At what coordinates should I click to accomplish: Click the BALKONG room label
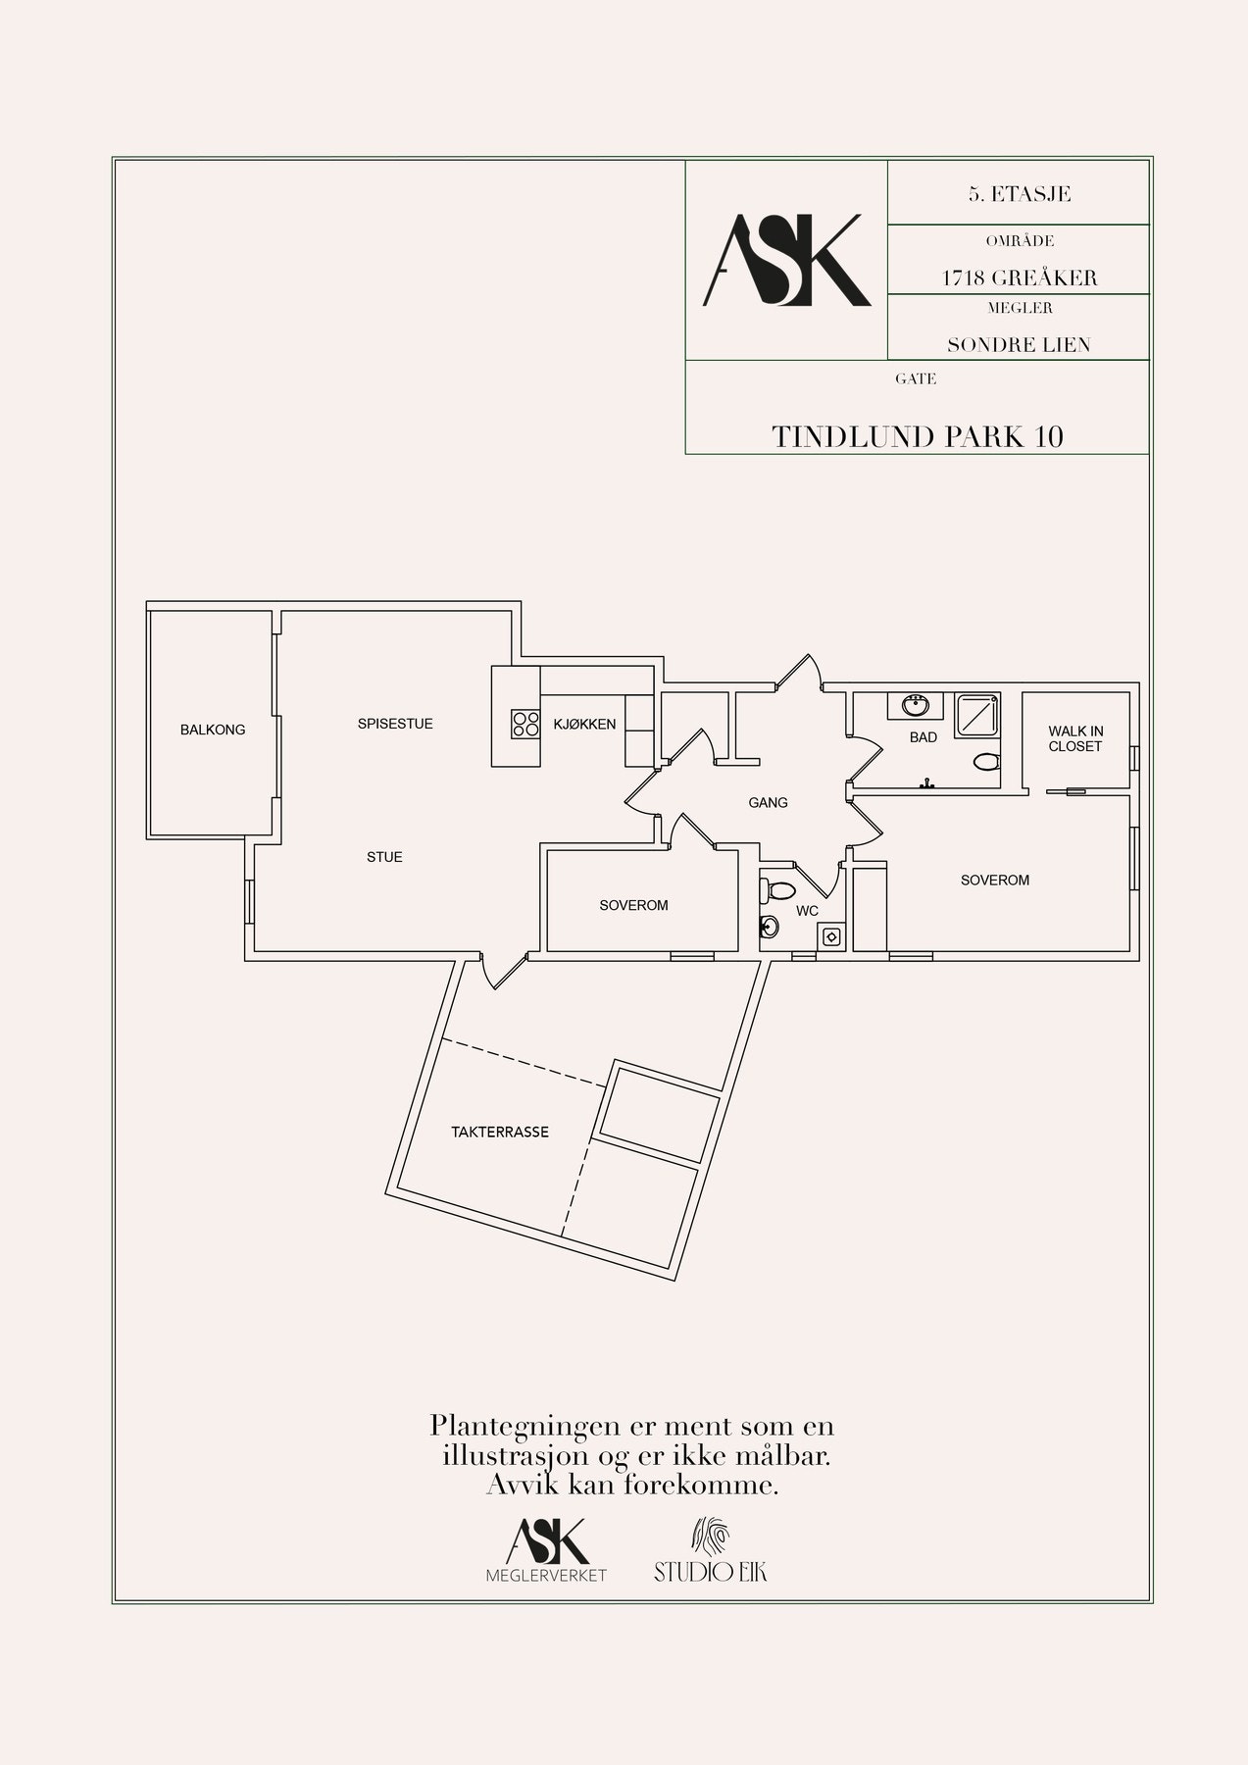pyautogui.click(x=213, y=730)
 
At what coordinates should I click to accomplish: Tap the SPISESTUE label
pyautogui.click(x=395, y=724)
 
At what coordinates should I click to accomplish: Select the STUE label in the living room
pyautogui.click(x=384, y=857)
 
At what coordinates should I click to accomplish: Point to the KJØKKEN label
pyautogui.click(x=584, y=725)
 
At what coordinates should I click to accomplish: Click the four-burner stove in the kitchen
pyautogui.click(x=524, y=725)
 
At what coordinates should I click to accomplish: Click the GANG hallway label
pyautogui.click(x=768, y=802)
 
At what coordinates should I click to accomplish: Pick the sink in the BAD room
pyautogui.click(x=918, y=704)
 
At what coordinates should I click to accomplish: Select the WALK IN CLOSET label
pyautogui.click(x=1075, y=738)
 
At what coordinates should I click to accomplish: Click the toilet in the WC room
pyautogui.click(x=779, y=891)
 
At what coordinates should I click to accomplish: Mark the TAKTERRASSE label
pyautogui.click(x=500, y=1132)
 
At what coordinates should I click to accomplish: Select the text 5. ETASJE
pyautogui.click(x=1019, y=194)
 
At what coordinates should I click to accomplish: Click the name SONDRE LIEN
pyautogui.click(x=1019, y=345)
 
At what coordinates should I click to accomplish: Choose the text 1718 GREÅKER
pyautogui.click(x=1019, y=277)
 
